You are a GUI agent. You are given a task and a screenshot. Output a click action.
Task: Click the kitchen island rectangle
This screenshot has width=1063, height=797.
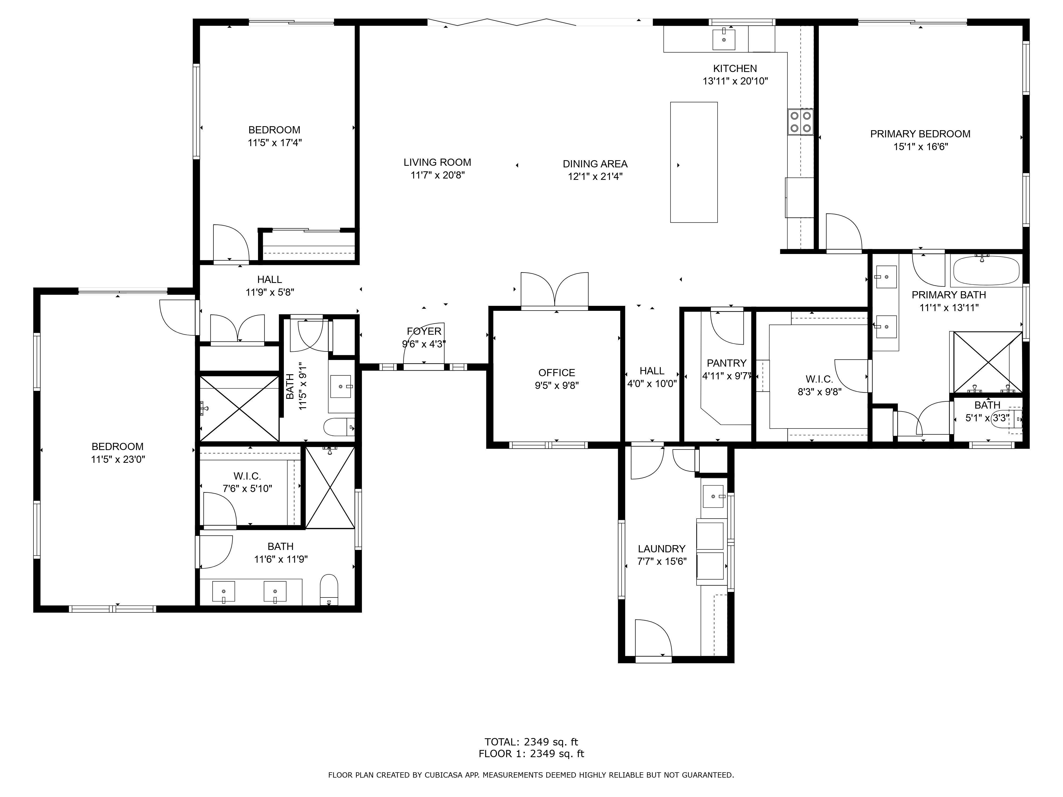694,162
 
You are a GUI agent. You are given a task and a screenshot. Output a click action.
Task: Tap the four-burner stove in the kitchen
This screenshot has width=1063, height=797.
800,122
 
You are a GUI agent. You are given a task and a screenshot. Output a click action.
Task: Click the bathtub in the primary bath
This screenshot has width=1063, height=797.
986,271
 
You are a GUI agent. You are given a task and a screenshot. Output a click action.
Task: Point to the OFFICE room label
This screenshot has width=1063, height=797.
556,373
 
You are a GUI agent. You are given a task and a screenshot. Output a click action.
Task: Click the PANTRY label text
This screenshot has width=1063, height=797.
727,363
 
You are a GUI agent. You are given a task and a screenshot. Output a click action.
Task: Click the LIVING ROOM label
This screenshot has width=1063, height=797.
437,162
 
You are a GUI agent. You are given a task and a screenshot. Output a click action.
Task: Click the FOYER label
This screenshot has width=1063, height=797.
424,331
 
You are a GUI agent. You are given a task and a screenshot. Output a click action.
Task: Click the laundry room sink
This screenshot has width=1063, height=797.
713,496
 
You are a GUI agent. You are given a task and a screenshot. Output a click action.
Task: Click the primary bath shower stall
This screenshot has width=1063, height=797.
988,362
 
